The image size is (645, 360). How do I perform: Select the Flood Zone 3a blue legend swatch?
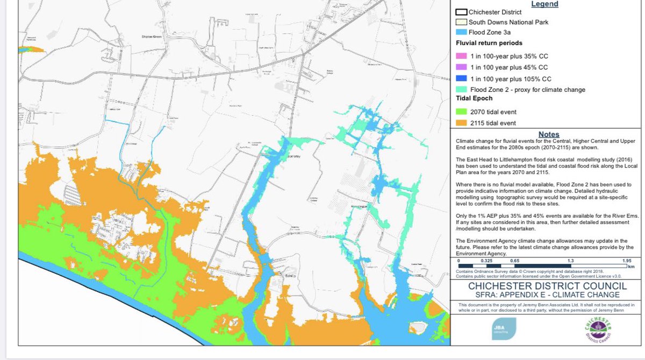coord(461,33)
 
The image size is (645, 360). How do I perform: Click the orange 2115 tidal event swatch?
coord(461,123)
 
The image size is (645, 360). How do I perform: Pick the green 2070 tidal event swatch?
coord(461,112)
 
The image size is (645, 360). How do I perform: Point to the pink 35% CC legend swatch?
coord(461,56)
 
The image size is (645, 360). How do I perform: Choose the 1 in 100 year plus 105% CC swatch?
coord(461,78)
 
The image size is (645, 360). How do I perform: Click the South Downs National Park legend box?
coord(461,22)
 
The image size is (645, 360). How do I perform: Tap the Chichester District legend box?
coord(461,11)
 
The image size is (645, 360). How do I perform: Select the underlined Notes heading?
coord(548,134)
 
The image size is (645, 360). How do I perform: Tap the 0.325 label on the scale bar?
coord(486,260)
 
